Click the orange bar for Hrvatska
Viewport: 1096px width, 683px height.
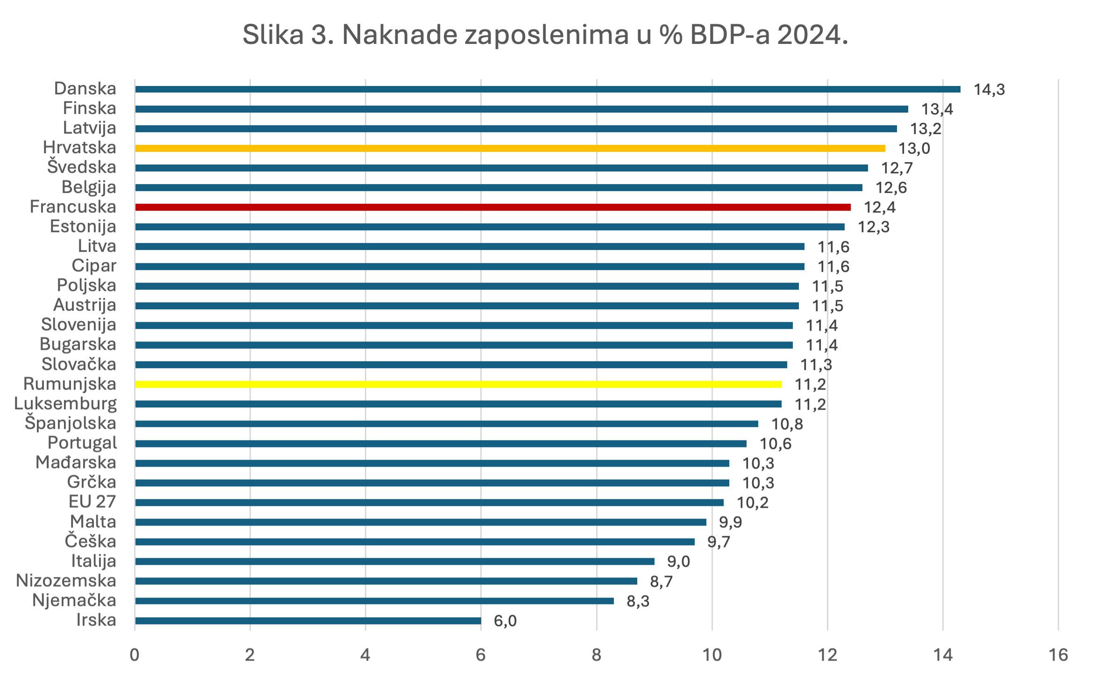pos(509,148)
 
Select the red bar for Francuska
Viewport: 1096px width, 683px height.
pos(492,207)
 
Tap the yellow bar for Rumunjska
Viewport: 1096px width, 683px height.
pos(458,384)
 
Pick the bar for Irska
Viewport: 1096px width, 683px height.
pos(308,620)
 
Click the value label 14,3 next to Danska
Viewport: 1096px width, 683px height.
pos(989,89)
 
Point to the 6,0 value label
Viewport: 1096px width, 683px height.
pos(505,621)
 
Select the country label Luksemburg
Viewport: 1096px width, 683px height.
pos(65,404)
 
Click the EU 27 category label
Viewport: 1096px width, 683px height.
pos(92,502)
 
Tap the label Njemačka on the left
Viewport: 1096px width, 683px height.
pos(74,600)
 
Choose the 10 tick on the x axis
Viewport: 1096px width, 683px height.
pos(712,655)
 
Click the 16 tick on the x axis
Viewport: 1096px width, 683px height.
pos(1058,655)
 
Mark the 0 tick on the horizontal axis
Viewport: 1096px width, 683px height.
pos(135,655)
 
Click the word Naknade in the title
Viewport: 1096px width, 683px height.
pos(400,35)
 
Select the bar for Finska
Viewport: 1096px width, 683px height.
pos(521,109)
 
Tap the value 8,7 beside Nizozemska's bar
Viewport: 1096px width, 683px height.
pos(661,582)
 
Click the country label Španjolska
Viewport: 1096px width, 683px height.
pos(71,423)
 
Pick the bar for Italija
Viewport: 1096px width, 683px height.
pos(394,561)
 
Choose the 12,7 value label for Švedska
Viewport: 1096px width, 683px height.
pos(897,168)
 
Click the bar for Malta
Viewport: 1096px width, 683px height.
pos(420,522)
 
